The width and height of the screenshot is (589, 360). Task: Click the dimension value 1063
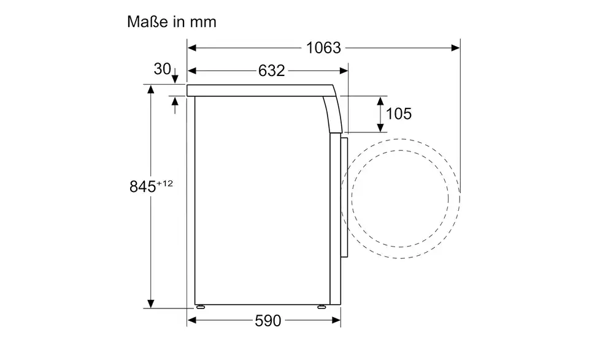(323, 48)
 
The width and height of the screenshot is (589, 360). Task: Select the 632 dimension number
(272, 71)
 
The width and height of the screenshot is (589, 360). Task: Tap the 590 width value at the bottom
(268, 321)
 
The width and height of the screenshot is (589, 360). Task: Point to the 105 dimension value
(399, 113)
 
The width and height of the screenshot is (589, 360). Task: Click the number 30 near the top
(162, 69)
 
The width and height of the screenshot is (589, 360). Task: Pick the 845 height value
(143, 186)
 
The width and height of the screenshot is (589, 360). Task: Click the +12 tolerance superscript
(165, 183)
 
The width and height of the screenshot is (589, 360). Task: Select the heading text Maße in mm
(172, 22)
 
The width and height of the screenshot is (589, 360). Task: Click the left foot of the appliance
(200, 307)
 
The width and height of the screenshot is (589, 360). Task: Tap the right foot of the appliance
(321, 307)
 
